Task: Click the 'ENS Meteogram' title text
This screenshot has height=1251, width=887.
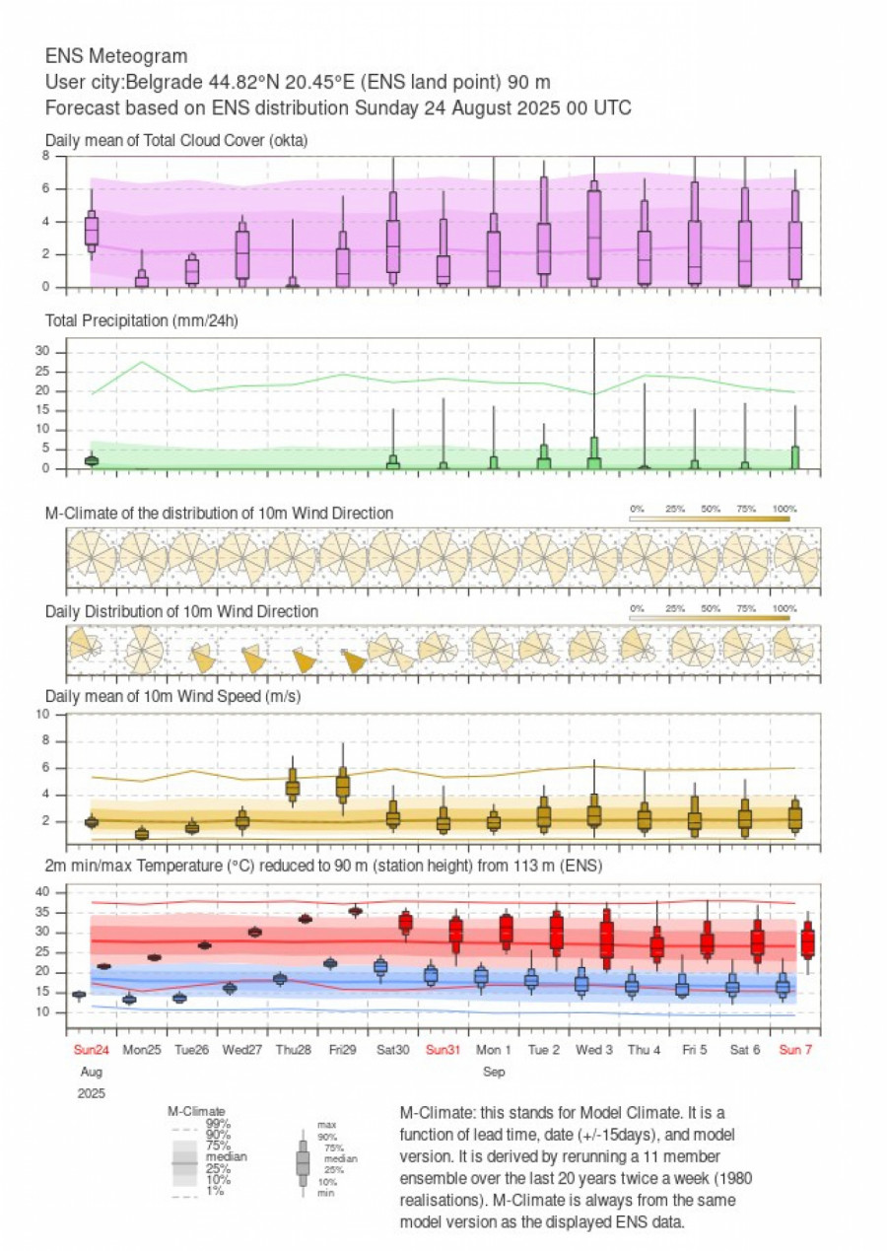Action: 116,56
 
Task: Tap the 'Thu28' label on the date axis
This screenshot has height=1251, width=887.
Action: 293,1049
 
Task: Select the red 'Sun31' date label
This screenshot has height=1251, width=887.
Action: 444,1049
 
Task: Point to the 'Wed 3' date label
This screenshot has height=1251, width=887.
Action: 595,1049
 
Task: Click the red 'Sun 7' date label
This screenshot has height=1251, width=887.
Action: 795,1049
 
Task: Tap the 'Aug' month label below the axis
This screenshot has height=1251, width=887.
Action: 91,1070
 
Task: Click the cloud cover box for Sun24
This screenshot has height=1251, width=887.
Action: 92,230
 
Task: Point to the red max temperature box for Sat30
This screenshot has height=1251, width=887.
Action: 405,923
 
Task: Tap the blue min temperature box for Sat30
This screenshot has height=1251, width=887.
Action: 380,967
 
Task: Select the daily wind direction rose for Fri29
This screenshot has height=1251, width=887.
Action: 353,660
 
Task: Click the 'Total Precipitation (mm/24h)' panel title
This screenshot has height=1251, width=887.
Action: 143,320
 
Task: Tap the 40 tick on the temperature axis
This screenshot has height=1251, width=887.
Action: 56,892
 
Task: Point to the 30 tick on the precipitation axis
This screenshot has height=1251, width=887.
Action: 56,352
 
